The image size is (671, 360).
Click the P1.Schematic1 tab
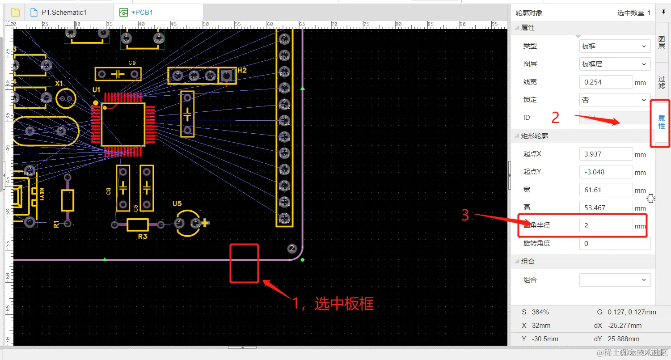pyautogui.click(x=63, y=13)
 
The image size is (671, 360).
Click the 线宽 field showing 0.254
pyautogui.click(x=606, y=82)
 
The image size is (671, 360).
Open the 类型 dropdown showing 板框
pyautogui.click(x=615, y=46)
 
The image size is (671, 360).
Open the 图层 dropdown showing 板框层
pyautogui.click(x=615, y=64)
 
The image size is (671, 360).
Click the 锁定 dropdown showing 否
pyautogui.click(x=615, y=100)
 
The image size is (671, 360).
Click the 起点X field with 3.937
pyautogui.click(x=606, y=154)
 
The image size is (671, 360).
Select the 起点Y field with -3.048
pyautogui.click(x=606, y=172)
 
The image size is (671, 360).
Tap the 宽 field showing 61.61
pyautogui.click(x=606, y=190)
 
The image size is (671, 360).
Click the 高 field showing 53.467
pyautogui.click(x=606, y=208)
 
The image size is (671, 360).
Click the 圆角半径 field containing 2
pyautogui.click(x=606, y=226)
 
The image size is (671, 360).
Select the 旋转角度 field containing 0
pyautogui.click(x=615, y=244)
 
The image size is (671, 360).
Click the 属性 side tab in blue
pyautogui.click(x=661, y=122)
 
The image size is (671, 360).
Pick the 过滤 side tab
pyautogui.click(x=661, y=82)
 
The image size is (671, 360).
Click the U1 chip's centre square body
pyautogui.click(x=123, y=124)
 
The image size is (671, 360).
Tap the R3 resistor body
pyautogui.click(x=138, y=224)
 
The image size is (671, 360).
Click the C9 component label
pyautogui.click(x=132, y=63)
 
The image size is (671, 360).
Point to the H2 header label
pyautogui.click(x=242, y=70)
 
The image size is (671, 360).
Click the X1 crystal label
pyautogui.click(x=59, y=83)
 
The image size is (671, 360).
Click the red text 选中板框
pyautogui.click(x=344, y=304)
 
